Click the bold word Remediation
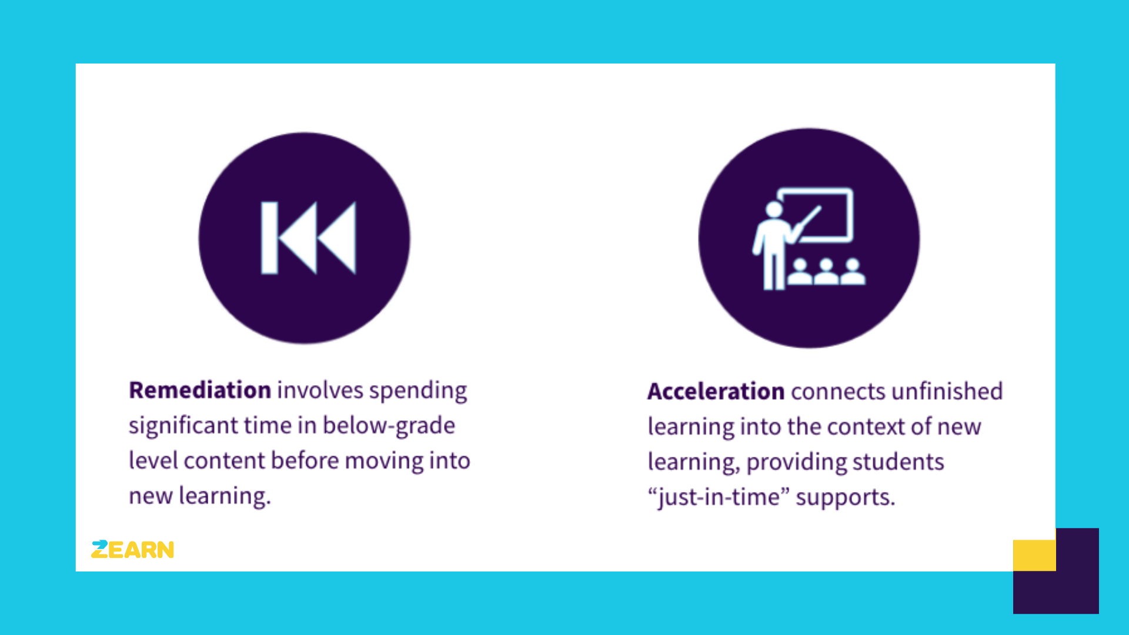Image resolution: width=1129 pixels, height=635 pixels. click(x=200, y=390)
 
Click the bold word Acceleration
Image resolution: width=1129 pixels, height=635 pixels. click(x=716, y=392)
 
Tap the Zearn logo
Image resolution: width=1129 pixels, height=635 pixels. click(x=133, y=550)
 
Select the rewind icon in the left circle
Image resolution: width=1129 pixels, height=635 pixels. click(x=309, y=238)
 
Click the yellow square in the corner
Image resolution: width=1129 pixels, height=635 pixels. click(x=1034, y=555)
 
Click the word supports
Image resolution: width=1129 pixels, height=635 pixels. click(x=845, y=497)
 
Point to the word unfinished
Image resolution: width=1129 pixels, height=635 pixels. click(x=947, y=392)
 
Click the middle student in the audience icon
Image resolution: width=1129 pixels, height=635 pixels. click(x=826, y=272)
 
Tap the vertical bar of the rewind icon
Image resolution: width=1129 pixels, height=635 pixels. click(x=269, y=238)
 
